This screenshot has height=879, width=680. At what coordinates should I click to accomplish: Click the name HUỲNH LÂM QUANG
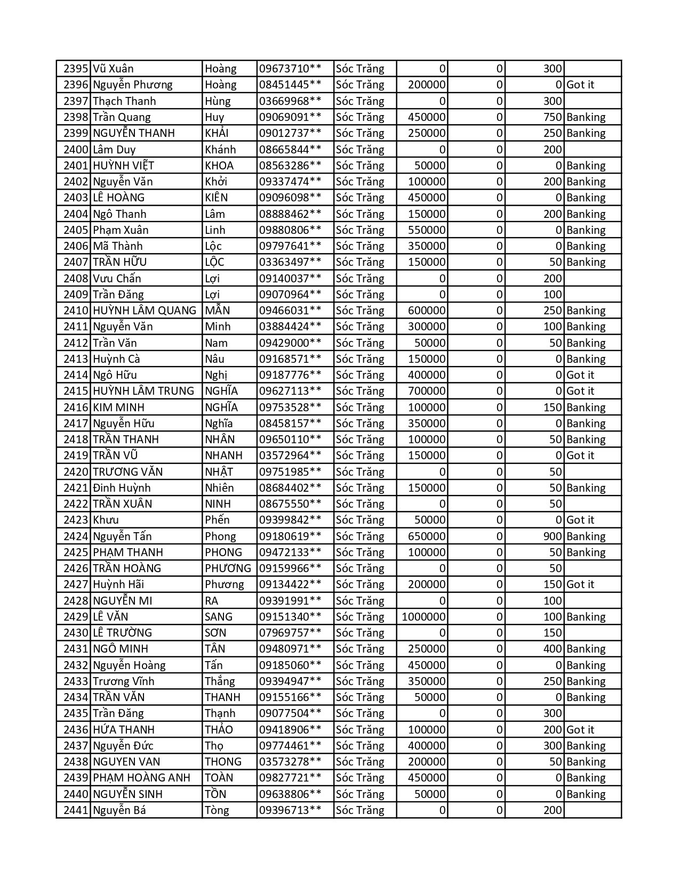[145, 311]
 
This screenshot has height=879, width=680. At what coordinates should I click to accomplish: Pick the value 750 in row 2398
[553, 117]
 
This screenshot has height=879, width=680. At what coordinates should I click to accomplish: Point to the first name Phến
[217, 520]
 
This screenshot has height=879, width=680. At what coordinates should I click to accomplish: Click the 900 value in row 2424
[553, 536]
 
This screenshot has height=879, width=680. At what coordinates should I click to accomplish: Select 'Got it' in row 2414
[580, 375]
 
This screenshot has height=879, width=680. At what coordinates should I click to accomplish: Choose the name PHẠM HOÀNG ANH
[141, 778]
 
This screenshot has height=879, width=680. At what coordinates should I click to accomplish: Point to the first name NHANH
[223, 455]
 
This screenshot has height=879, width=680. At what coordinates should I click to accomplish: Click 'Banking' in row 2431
[586, 649]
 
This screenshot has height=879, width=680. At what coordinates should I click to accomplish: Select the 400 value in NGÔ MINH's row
[553, 649]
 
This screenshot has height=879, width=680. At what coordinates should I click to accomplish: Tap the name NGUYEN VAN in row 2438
[126, 762]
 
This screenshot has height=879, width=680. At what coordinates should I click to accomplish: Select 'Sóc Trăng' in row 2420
[360, 472]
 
